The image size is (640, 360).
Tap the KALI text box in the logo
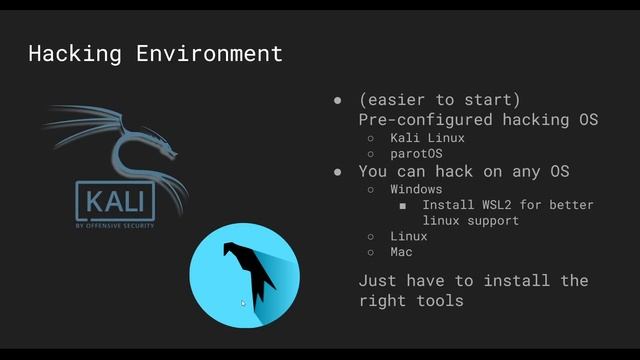point(115,202)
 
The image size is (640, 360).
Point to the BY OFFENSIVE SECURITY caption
point(115,226)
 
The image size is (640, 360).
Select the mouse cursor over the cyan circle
point(243,302)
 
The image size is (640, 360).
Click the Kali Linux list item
point(427,138)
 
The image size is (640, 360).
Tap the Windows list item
point(415,188)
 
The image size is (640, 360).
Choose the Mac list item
point(402,252)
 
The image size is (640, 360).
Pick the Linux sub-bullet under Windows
point(409,236)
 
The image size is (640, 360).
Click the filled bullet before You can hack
point(338,172)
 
